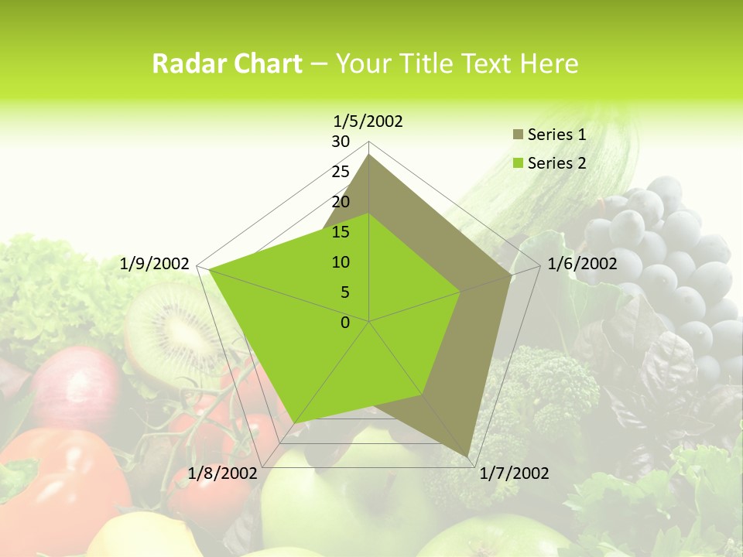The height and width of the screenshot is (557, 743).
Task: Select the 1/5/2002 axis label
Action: [x=368, y=121]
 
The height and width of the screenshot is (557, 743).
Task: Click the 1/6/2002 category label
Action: [x=582, y=264]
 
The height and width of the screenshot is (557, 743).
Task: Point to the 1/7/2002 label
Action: [x=514, y=473]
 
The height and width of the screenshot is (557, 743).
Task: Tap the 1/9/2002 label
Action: [x=155, y=264]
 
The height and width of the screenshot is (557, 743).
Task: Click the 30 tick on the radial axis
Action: [x=341, y=142]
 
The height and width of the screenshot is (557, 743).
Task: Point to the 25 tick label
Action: [x=341, y=172]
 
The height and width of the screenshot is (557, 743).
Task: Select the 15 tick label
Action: [x=341, y=232]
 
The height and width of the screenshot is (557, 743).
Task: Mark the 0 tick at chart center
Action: [x=345, y=323]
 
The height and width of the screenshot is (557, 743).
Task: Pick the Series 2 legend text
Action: [x=556, y=163]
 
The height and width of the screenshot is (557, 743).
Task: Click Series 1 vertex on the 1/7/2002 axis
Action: [x=468, y=456]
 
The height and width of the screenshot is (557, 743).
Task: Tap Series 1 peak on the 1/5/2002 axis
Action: [x=369, y=155]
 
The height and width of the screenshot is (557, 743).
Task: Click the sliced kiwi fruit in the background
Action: [x=174, y=329]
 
